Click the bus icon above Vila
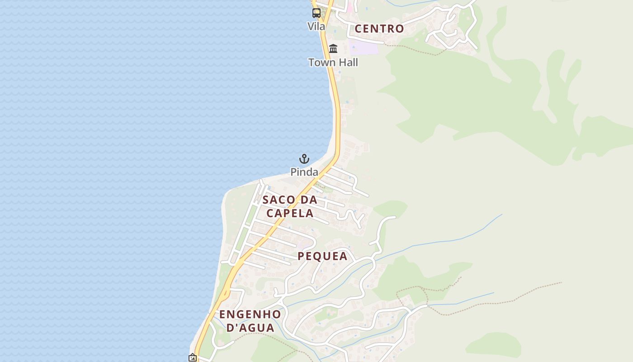click(x=316, y=13)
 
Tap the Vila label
click(x=316, y=27)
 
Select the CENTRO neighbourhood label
click(x=379, y=29)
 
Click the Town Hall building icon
click(x=333, y=48)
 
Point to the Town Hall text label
click(x=333, y=62)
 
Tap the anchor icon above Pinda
click(x=304, y=159)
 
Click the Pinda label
click(x=304, y=172)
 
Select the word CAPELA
click(x=290, y=213)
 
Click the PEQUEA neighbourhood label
click(x=322, y=257)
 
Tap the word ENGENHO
click(x=250, y=314)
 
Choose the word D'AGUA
click(x=250, y=328)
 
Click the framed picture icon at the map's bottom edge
click(x=193, y=358)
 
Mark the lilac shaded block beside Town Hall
click(x=364, y=47)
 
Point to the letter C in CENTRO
click(x=359, y=29)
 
